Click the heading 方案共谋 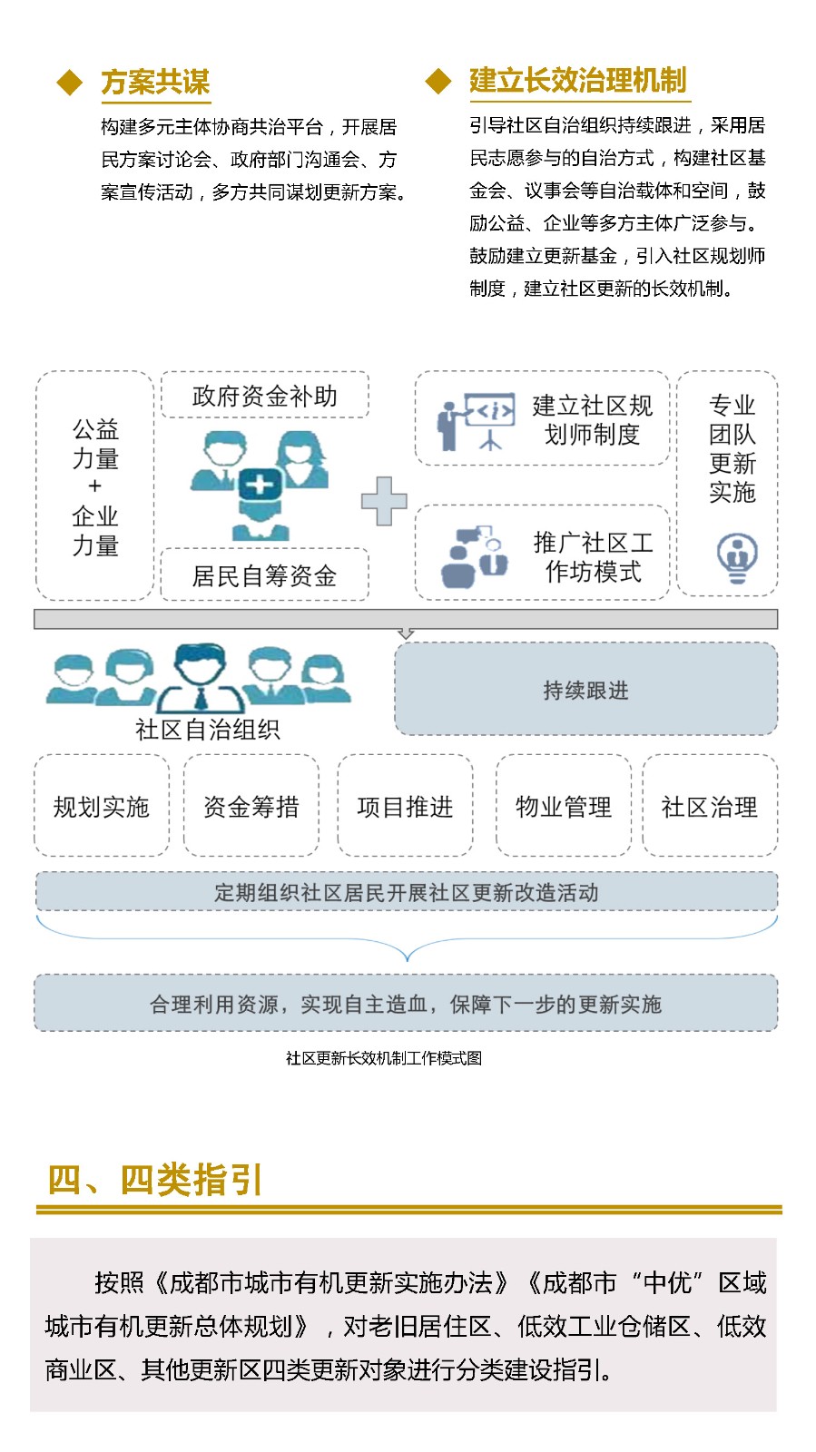point(155,83)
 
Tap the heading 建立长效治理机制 point(578,81)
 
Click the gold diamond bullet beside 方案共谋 point(69,83)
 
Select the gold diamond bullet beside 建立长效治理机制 point(438,82)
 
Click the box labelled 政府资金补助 point(265,395)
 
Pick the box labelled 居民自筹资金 point(265,575)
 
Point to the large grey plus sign point(384,501)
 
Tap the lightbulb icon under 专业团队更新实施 point(738,557)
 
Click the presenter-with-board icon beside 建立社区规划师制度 point(476,421)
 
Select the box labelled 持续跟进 point(586,689)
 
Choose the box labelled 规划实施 point(102,806)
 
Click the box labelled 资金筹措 point(251,806)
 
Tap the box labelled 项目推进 point(405,806)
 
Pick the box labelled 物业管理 point(564,806)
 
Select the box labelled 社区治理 point(710,806)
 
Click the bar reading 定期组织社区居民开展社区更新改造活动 point(407,892)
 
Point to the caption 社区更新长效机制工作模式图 point(384,1058)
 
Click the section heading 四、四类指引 point(155,1179)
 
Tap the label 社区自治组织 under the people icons point(207,730)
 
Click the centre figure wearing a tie point(201,678)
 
